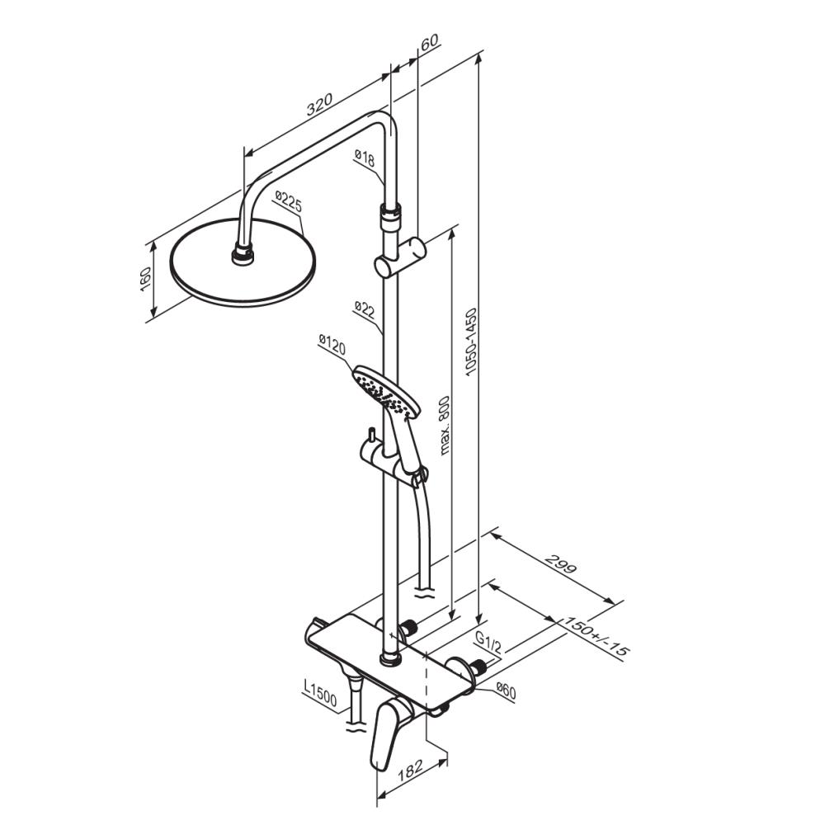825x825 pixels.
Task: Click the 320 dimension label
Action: tap(320, 104)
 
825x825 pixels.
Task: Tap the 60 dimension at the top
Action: tap(430, 41)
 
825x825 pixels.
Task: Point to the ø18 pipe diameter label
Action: tap(365, 158)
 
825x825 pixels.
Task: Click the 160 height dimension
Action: tap(145, 280)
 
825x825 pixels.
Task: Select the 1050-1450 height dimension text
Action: tap(471, 342)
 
